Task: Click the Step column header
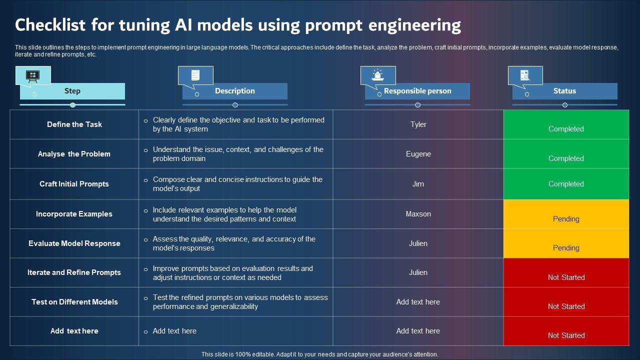pos(72,91)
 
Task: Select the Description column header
pos(234,91)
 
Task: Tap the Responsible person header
pos(417,91)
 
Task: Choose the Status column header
pos(564,91)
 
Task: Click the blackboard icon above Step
pos(32,76)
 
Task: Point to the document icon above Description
pos(195,75)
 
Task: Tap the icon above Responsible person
pos(377,75)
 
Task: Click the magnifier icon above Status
pos(524,75)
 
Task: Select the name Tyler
pos(418,124)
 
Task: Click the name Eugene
pos(418,154)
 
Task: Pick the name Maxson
pos(418,214)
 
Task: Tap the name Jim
pos(418,184)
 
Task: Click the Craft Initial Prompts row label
pos(74,184)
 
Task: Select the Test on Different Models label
pos(74,302)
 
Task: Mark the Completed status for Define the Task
pos(566,128)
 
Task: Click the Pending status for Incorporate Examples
pos(566,218)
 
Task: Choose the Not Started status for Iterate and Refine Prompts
pos(566,277)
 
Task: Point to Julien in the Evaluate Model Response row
pos(418,243)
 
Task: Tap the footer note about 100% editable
pos(319,354)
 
